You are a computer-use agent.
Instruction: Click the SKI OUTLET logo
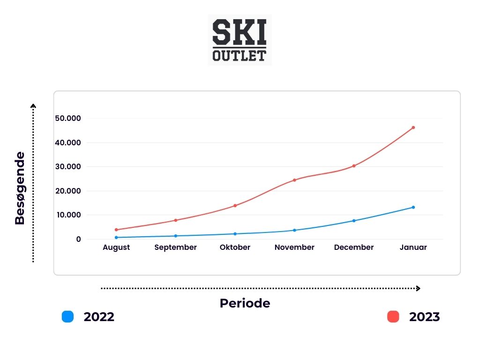coord(240,39)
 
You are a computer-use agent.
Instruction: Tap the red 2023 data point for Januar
coord(413,127)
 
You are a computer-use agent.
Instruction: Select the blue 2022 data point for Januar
coord(413,207)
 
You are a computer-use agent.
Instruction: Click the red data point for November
coord(294,180)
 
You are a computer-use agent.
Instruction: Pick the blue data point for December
coord(354,221)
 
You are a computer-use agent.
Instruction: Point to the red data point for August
coord(116,230)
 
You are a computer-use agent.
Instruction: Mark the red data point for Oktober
coord(235,205)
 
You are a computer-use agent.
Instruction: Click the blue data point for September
coord(175,236)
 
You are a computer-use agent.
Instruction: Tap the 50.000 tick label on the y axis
coord(67,118)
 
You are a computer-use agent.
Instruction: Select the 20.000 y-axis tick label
coord(67,191)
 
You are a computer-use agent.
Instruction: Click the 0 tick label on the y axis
coord(79,240)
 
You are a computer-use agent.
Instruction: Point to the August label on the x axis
coord(116,247)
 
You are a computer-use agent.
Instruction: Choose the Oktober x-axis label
coord(235,247)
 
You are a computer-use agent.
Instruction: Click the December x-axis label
coord(354,247)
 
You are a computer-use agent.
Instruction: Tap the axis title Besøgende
coord(20,188)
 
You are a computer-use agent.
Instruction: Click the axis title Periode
coord(245,303)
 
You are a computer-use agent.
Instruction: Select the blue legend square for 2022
coord(68,317)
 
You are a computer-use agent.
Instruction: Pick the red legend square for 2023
coord(393,317)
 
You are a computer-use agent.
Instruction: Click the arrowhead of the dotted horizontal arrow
coord(418,289)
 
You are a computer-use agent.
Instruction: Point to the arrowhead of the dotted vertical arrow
coord(33,106)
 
